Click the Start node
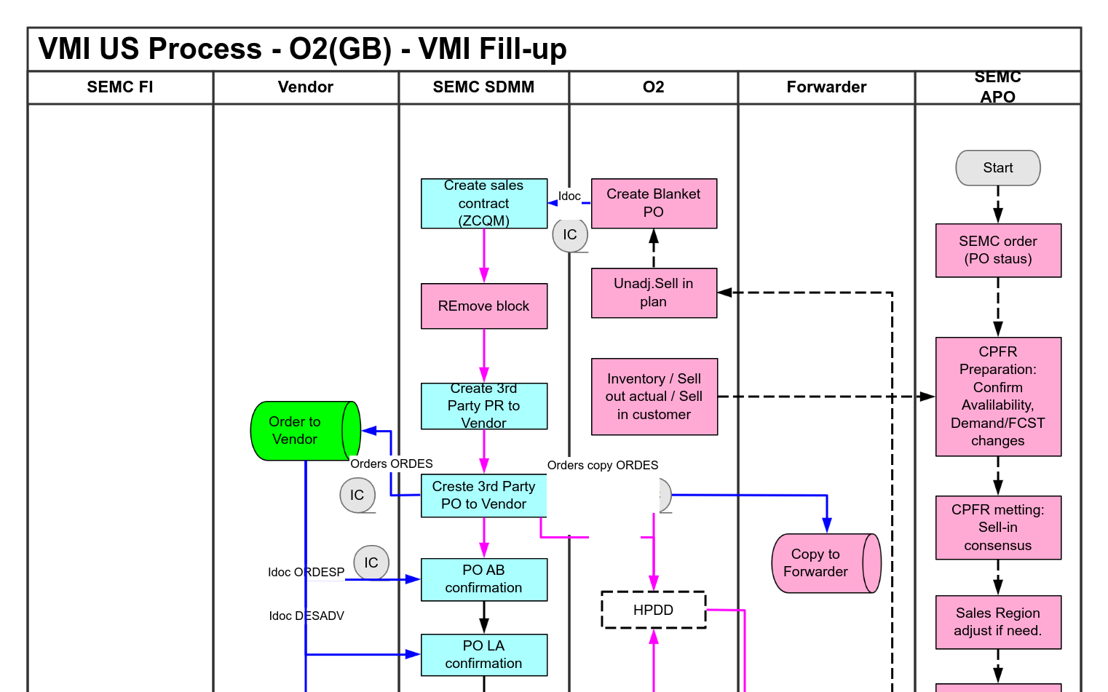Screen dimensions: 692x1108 pos(997,168)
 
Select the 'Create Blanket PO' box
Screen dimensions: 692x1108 pos(654,203)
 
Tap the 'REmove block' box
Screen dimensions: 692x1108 pos(483,306)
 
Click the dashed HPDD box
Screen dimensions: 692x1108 pos(653,610)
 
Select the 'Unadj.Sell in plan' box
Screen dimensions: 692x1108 pos(654,293)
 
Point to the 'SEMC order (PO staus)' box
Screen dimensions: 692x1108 pos(997,250)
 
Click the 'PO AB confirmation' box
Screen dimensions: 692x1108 pos(483,579)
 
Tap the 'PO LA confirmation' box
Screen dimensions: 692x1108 pos(483,655)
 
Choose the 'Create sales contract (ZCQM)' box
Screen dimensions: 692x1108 pos(483,204)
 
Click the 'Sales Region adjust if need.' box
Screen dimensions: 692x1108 pos(997,622)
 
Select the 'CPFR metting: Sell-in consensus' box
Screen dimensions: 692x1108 pos(997,528)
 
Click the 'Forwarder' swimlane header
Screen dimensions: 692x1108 pos(826,87)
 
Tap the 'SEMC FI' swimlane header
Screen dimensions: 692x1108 pos(120,87)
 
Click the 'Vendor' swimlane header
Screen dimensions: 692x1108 pos(306,87)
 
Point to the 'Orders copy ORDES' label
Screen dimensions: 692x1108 pos(603,466)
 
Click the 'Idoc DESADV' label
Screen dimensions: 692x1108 pos(306,616)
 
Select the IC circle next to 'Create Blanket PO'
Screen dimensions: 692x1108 pos(570,235)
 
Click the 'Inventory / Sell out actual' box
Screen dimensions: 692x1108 pos(654,397)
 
